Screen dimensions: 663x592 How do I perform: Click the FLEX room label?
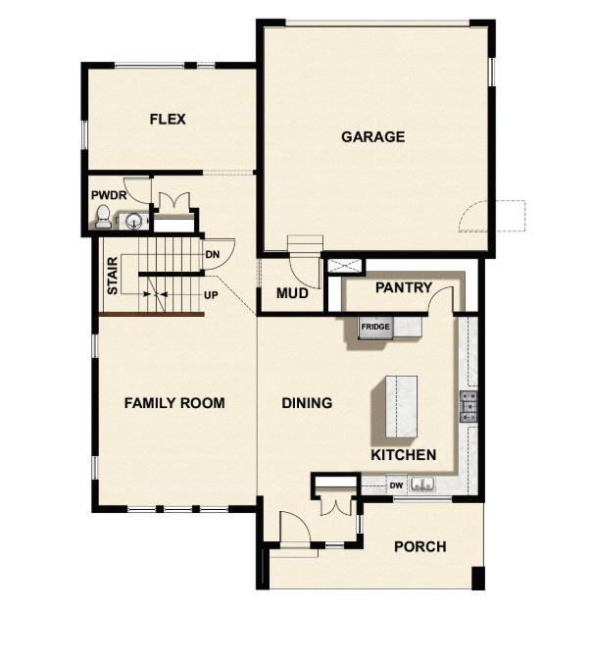168,120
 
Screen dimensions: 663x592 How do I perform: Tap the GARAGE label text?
372,137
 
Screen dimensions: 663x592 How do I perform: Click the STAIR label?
113,276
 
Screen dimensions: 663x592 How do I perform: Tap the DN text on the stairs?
212,255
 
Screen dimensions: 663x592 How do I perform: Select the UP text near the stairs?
211,294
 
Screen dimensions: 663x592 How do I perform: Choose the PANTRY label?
403,288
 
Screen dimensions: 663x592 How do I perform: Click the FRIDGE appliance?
375,328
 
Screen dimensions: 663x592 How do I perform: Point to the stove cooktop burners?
469,404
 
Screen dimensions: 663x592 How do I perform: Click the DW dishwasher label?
396,484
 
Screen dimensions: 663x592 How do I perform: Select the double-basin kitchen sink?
423,484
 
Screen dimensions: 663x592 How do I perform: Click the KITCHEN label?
403,455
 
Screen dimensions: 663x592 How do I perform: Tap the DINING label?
307,403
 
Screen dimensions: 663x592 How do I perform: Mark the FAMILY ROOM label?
174,403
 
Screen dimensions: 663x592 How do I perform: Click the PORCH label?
419,546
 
